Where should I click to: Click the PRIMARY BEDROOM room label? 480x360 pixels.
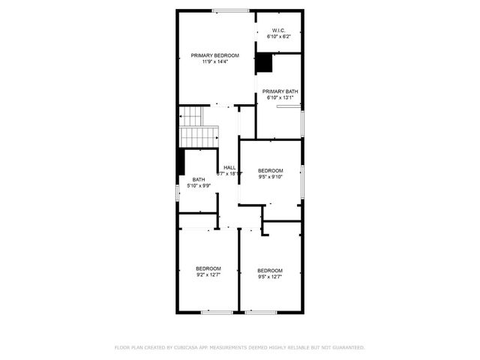(214, 55)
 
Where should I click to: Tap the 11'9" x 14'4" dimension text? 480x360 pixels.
(214, 61)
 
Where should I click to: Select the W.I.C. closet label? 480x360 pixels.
(278, 30)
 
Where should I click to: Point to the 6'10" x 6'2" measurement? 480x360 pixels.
(278, 36)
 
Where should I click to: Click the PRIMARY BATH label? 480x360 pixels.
(280, 91)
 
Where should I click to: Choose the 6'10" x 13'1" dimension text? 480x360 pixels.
(280, 97)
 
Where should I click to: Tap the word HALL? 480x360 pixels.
(229, 167)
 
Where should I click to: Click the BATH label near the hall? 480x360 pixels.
(198, 179)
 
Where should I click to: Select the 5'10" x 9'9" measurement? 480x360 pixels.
(198, 185)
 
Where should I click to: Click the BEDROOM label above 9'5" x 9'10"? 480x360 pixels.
(270, 171)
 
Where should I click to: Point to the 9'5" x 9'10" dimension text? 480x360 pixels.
(270, 177)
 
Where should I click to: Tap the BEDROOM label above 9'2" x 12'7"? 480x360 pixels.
(208, 268)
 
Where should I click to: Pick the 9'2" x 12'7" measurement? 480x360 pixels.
(208, 274)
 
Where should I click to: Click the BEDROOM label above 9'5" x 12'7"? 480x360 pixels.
(270, 270)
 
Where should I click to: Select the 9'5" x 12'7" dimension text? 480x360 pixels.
(270, 276)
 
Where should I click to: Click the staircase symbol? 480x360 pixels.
(196, 127)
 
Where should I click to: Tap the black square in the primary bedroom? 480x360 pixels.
(264, 63)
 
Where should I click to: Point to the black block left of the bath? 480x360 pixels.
(181, 161)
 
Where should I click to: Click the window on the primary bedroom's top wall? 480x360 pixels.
(230, 10)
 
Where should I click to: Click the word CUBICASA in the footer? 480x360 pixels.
(190, 348)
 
